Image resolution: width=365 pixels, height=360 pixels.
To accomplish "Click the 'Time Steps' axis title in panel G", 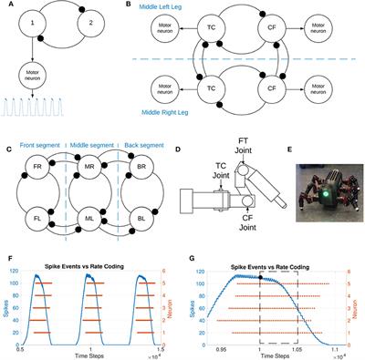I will pyautogui.click(x=280, y=354).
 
